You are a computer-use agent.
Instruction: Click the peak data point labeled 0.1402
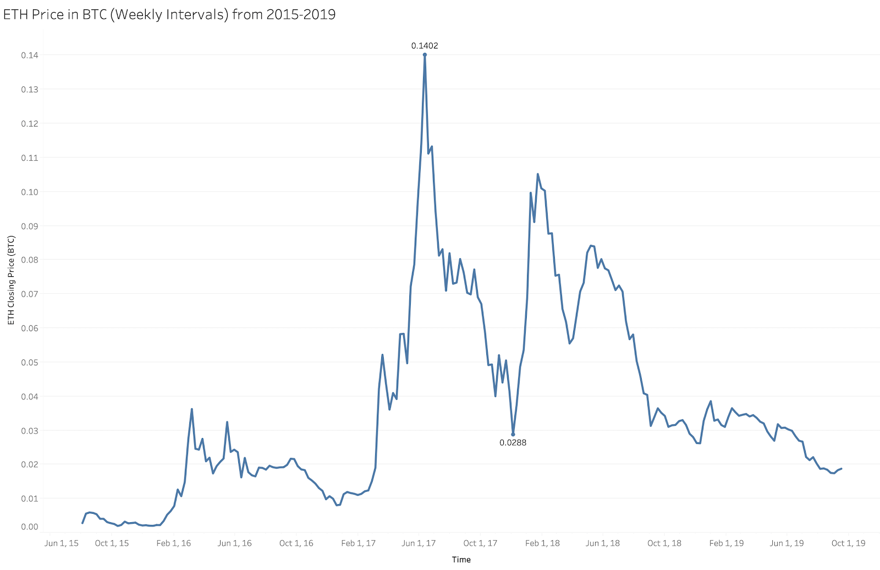[425, 54]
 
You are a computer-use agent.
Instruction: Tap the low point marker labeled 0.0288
[513, 434]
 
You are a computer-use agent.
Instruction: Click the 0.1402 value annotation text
[425, 46]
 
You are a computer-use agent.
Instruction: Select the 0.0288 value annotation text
[513, 442]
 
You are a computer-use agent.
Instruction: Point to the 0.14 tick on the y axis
[30, 55]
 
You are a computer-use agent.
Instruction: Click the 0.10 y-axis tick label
[30, 192]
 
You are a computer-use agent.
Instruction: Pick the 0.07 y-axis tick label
[30, 294]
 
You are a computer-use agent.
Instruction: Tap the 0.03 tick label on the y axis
[30, 430]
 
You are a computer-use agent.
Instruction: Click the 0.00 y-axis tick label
[30, 527]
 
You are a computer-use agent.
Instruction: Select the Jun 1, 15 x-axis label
[61, 543]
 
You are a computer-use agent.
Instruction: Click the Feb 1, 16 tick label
[173, 543]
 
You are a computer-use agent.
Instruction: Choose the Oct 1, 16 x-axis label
[296, 543]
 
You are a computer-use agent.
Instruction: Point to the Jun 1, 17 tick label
[419, 543]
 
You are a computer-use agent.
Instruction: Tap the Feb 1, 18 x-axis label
[542, 543]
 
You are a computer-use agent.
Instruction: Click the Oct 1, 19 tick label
[848, 543]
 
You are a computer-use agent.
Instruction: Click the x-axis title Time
[461, 560]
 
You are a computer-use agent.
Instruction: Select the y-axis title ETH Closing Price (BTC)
[11, 280]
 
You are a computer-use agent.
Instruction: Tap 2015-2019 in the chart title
[301, 14]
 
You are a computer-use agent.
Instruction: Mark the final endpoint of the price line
[842, 469]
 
